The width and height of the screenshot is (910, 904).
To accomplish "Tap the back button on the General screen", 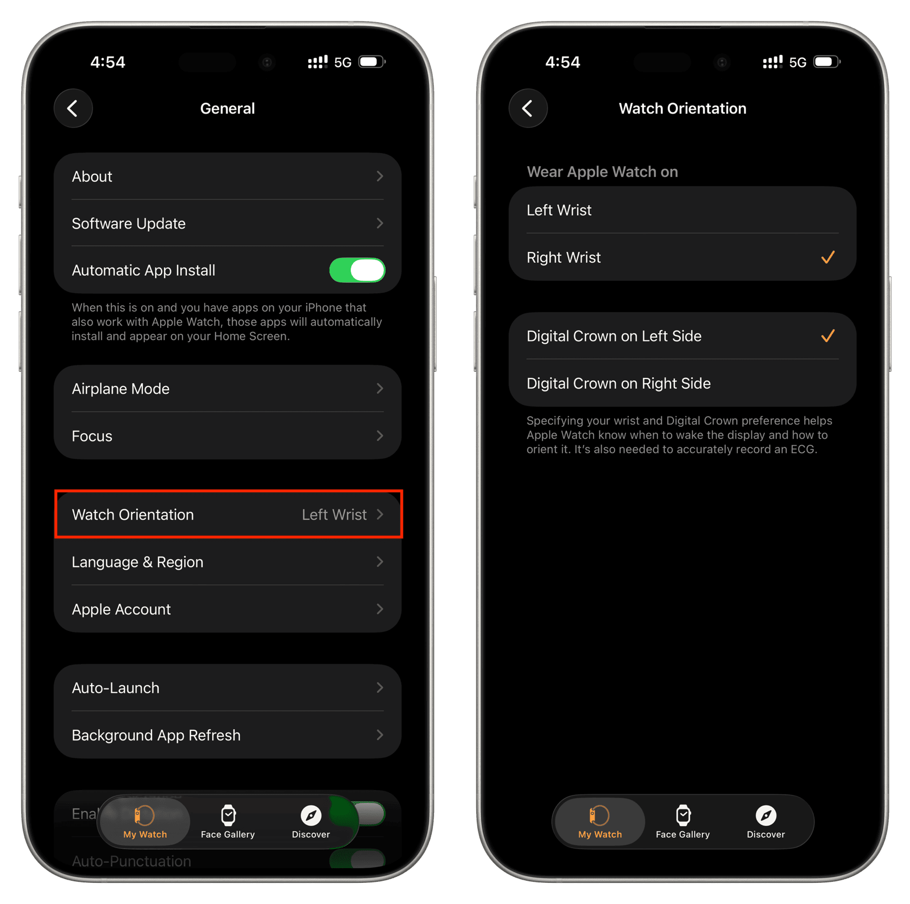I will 73,108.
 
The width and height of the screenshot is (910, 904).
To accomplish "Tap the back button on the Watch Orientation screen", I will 528,108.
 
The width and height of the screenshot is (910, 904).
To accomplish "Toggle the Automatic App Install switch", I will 357,270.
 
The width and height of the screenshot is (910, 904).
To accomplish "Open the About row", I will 227,176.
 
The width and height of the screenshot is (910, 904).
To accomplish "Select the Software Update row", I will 227,224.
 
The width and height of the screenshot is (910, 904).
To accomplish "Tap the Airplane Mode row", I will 227,389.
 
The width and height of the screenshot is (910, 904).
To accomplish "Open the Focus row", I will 227,436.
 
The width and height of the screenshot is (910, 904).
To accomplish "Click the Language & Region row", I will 227,562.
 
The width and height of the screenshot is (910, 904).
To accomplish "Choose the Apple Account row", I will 227,609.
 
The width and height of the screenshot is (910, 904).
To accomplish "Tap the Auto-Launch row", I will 227,688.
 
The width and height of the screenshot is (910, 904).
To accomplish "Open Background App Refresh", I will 227,735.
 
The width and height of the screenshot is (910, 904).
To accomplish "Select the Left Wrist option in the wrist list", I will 682,210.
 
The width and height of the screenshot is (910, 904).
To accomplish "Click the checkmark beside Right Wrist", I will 827,257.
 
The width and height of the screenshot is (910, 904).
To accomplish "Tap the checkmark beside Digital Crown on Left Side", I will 827,336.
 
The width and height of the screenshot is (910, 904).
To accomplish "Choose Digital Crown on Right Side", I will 682,383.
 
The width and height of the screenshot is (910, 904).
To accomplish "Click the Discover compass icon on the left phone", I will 311,815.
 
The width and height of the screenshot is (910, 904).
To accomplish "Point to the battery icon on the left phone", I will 372,62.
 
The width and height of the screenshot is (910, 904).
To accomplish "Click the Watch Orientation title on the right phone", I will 682,109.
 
